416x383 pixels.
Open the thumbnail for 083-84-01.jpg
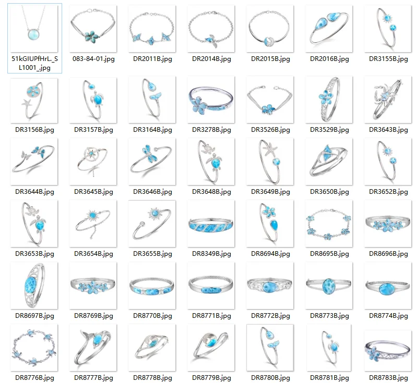(x=93, y=29)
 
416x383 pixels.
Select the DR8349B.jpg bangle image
(x=210, y=223)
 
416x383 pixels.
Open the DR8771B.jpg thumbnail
(x=210, y=285)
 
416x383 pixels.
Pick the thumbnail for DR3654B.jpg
(x=93, y=223)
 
